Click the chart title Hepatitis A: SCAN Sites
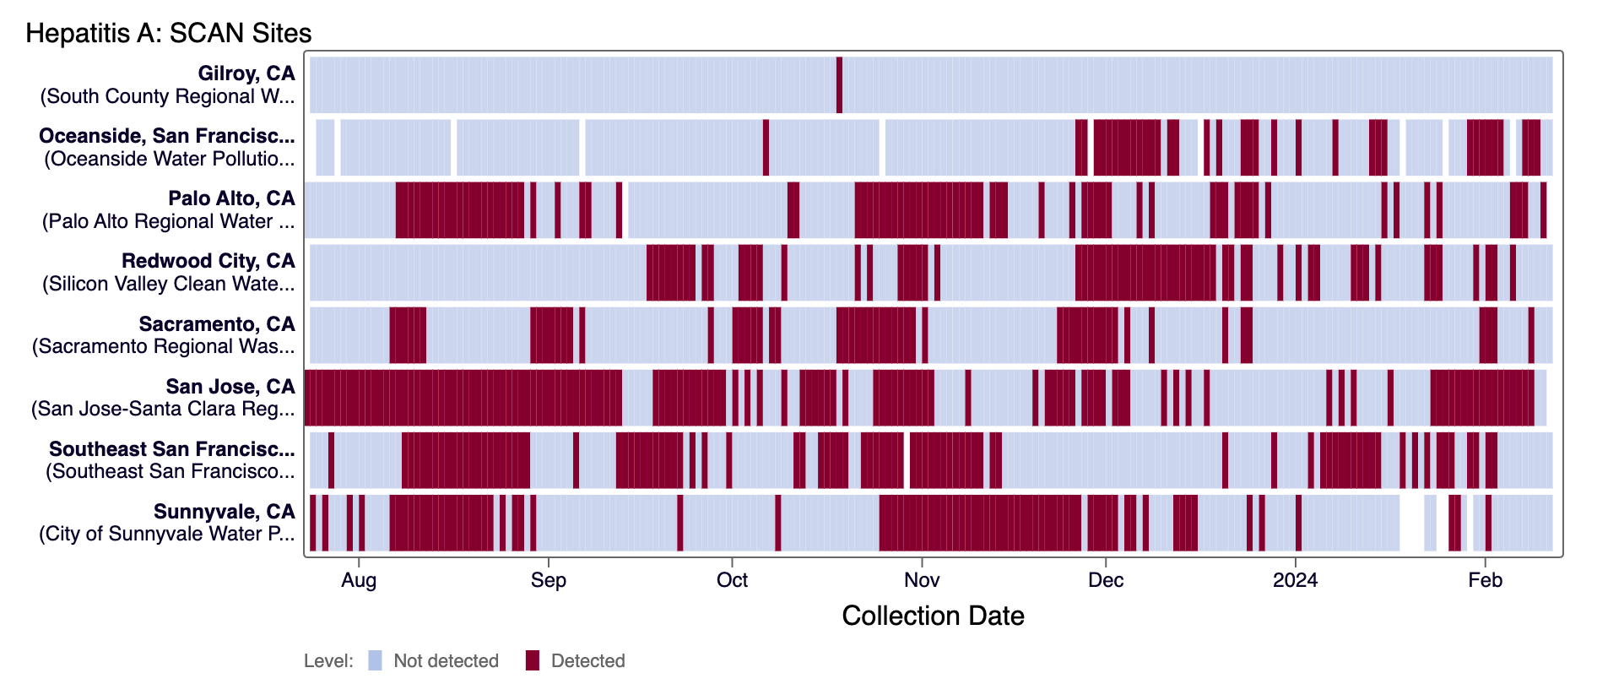(168, 33)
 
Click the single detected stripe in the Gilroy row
(839, 84)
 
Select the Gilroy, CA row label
(246, 73)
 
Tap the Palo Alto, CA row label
(231, 198)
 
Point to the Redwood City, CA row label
(208, 261)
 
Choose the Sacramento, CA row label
(217, 324)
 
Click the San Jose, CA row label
(230, 387)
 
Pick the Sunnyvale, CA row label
(224, 512)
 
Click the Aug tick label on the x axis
(359, 580)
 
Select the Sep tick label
(549, 580)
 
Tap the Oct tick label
(732, 580)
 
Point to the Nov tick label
(922, 580)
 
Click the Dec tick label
(1106, 580)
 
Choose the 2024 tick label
(1296, 580)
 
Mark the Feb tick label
(1486, 580)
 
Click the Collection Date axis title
(933, 616)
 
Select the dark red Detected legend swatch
(532, 660)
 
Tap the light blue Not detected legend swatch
(375, 660)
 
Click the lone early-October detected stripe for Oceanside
(766, 147)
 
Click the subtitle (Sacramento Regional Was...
(164, 346)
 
